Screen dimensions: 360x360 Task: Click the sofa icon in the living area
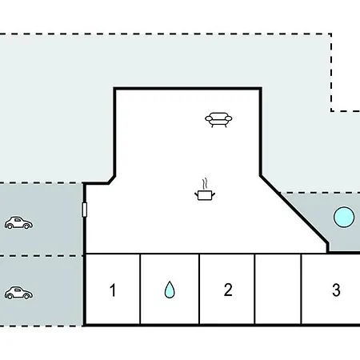218,120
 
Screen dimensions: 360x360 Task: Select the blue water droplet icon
170,289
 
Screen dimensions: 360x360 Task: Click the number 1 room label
113,290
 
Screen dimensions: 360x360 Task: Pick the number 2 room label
228,290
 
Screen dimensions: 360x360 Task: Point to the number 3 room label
336,290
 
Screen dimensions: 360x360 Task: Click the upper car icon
18,222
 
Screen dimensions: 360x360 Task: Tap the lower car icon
18,293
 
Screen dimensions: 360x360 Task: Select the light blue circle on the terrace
344,217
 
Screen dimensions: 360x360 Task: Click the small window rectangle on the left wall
84,210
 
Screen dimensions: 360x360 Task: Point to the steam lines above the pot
205,183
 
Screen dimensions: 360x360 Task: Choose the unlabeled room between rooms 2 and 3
278,290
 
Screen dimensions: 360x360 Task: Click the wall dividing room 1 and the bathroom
140,290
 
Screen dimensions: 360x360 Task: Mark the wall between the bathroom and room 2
199,290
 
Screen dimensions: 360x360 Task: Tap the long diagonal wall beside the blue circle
294,210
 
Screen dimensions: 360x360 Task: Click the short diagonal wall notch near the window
112,180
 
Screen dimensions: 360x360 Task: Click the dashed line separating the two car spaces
42,256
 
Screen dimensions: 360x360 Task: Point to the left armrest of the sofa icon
209,118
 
